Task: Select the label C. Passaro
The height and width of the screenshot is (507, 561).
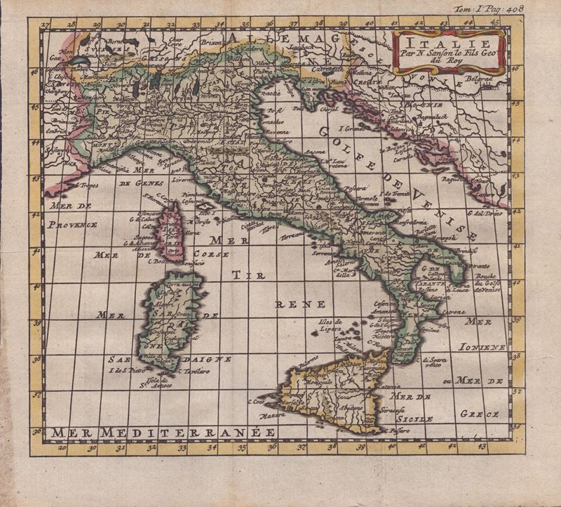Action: pyautogui.click(x=394, y=426)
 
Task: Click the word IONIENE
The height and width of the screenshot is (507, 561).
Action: pyautogui.click(x=483, y=347)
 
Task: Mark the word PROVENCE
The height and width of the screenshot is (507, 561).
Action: pyautogui.click(x=74, y=225)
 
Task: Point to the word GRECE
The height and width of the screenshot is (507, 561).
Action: pyautogui.click(x=482, y=414)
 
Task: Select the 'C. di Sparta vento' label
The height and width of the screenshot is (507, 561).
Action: pyautogui.click(x=432, y=362)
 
